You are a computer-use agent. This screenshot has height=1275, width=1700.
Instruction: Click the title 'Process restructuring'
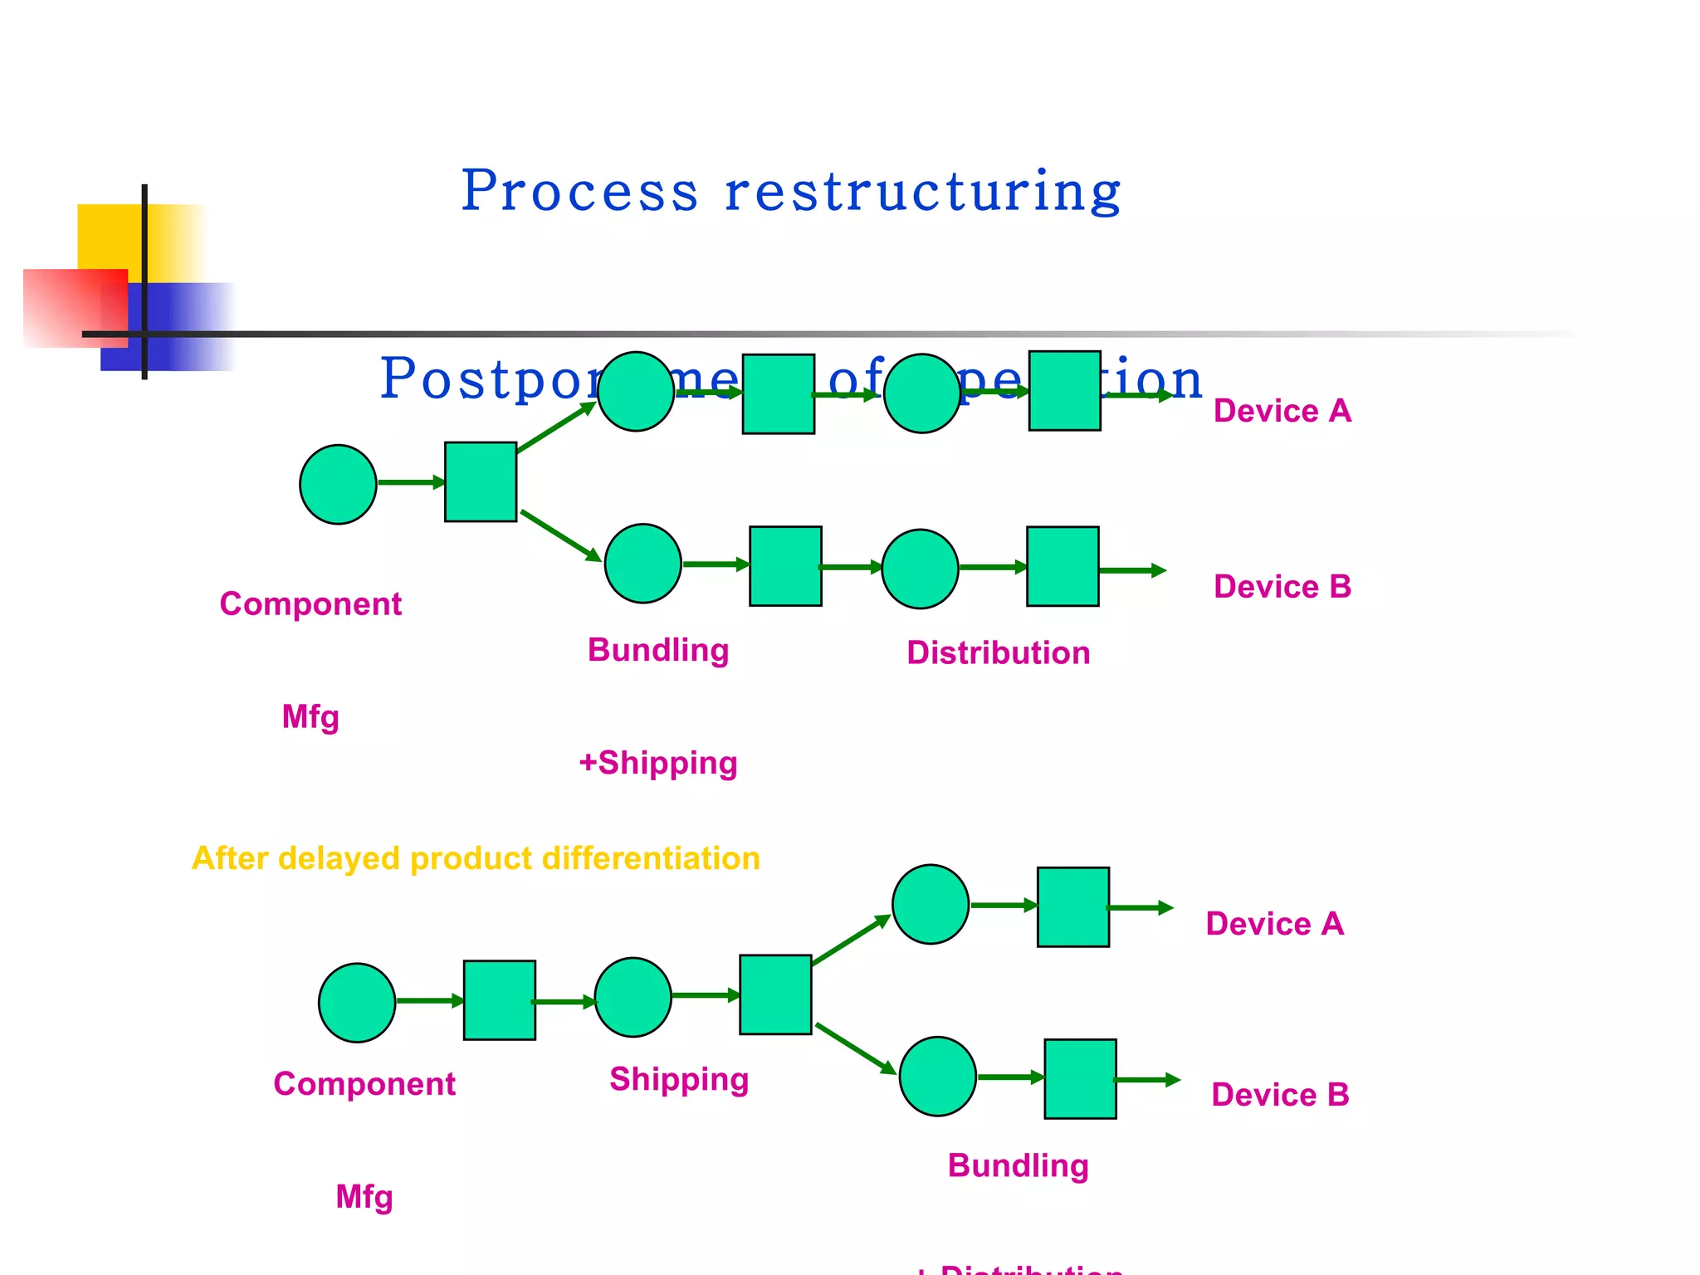click(790, 192)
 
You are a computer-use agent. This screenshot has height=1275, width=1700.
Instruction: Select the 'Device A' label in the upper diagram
click(1282, 411)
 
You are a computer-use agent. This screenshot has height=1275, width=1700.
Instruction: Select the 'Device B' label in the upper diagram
click(1282, 587)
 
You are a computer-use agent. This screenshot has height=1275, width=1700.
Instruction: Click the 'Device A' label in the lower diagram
click(1274, 924)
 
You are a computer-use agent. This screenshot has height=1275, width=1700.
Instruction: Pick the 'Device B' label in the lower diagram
click(1280, 1095)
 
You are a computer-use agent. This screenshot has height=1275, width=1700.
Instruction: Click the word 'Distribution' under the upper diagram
click(998, 653)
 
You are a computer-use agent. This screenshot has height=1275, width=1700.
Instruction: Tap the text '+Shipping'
click(658, 763)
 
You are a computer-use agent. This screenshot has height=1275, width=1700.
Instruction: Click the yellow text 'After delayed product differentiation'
click(476, 858)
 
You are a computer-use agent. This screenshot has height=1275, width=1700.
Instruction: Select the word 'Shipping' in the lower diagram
click(679, 1079)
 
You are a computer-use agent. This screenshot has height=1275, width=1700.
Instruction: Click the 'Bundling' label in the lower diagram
click(1018, 1165)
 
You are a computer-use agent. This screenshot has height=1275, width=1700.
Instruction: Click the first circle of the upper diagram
click(338, 484)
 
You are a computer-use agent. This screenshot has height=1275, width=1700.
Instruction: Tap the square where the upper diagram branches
click(481, 481)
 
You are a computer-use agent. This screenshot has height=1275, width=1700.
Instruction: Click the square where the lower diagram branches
click(775, 994)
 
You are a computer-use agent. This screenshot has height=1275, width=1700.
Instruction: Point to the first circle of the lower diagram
click(357, 1003)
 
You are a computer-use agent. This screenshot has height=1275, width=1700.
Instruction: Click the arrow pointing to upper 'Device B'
click(1132, 570)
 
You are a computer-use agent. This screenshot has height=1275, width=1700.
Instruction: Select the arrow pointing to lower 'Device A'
click(1141, 908)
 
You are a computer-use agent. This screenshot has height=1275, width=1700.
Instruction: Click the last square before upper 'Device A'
click(1064, 390)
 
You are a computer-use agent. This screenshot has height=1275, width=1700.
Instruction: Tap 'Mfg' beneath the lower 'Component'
click(364, 1197)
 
